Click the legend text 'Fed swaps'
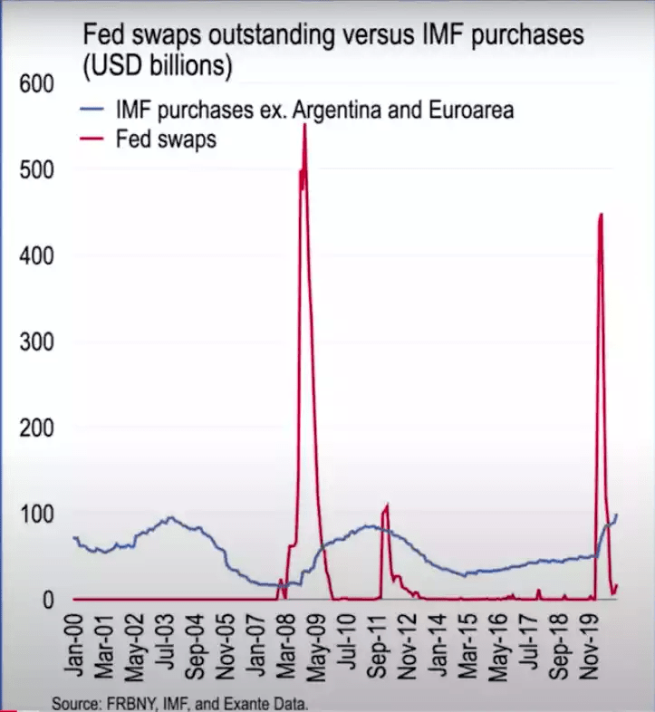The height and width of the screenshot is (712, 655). pyautogui.click(x=166, y=140)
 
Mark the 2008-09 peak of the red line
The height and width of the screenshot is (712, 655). pyautogui.click(x=304, y=124)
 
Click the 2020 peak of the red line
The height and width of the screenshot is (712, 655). pyautogui.click(x=601, y=214)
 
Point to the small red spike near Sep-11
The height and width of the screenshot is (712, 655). pyautogui.click(x=387, y=505)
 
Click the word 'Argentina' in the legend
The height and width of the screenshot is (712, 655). pyautogui.click(x=324, y=111)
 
